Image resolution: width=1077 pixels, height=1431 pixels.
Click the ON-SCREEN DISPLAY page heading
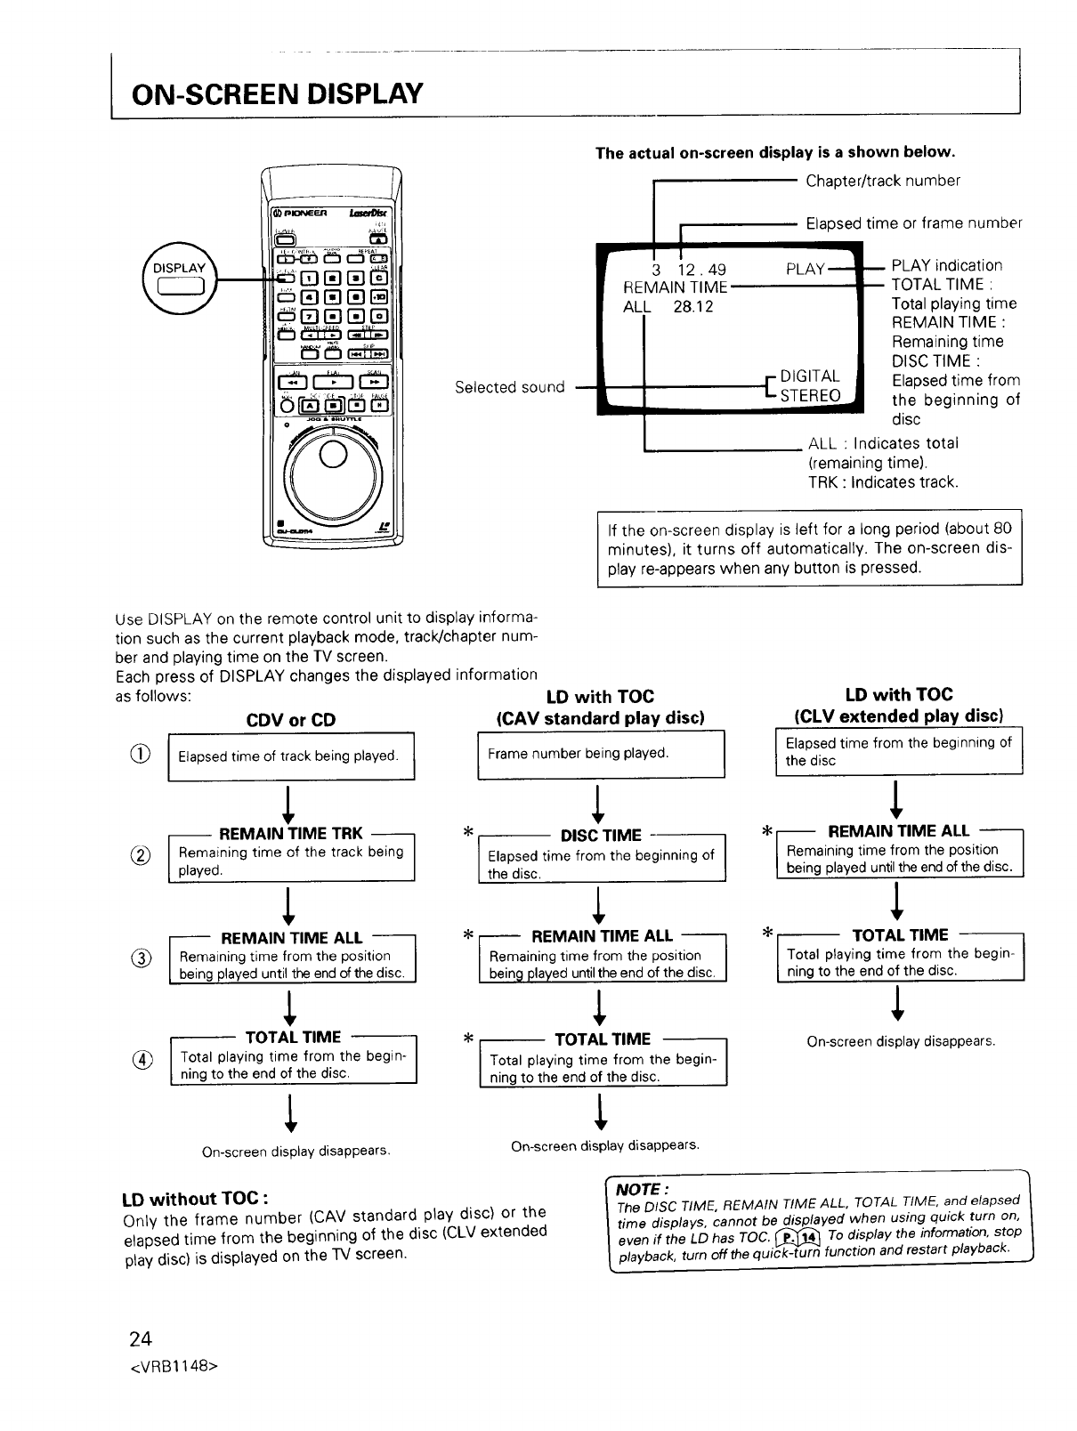[276, 93]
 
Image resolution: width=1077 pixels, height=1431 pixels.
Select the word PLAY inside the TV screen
[806, 269]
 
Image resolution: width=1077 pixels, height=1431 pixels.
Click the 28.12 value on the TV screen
[692, 307]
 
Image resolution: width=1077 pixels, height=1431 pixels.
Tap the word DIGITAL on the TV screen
[809, 376]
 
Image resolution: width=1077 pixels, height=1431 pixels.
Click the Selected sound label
[510, 387]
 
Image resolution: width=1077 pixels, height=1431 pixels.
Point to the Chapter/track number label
[883, 181]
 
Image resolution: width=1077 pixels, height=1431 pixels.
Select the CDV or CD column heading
[291, 720]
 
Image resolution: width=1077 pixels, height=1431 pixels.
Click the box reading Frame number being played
[602, 753]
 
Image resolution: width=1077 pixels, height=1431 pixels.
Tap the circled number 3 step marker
[148, 958]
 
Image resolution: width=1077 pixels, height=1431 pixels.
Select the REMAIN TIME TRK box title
[290, 833]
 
